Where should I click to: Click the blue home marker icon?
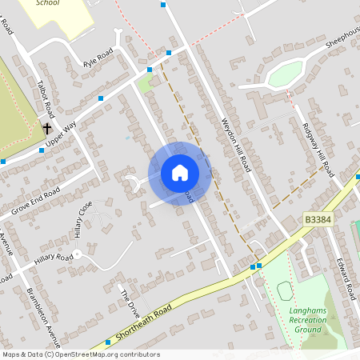(180, 173)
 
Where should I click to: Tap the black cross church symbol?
(47, 127)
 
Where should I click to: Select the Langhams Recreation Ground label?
(308, 319)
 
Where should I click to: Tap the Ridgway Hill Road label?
(317, 142)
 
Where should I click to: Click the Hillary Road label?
(54, 262)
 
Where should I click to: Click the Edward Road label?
(346, 275)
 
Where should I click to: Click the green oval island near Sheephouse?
(285, 74)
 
